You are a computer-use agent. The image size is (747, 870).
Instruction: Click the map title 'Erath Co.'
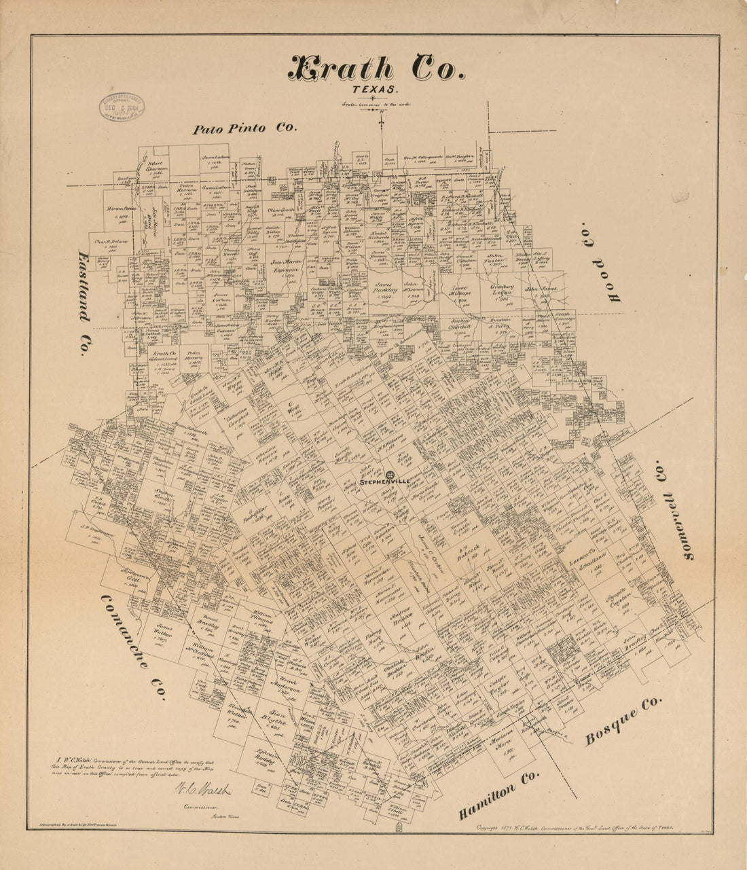point(378,69)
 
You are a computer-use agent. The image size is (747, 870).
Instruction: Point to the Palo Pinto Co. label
point(244,129)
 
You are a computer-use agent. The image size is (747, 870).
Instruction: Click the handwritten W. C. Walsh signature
point(203,791)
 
